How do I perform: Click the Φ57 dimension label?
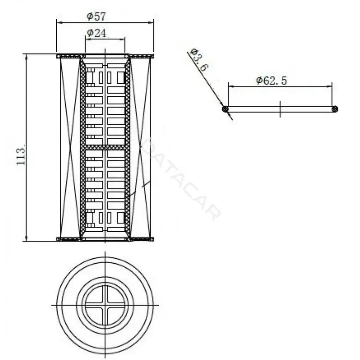coord(96,17)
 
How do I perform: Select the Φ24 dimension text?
coord(97,33)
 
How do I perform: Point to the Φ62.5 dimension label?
coord(272,81)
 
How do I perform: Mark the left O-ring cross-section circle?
coord(225,109)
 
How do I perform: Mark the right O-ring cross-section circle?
coord(335,109)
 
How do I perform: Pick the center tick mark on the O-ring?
coord(280,109)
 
